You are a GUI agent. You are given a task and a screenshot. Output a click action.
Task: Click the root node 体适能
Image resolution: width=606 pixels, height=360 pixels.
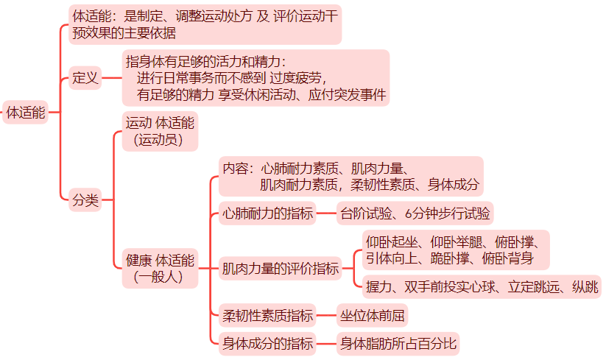[x=26, y=113]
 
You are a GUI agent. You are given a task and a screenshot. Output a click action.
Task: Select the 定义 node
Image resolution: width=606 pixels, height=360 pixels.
[x=85, y=78]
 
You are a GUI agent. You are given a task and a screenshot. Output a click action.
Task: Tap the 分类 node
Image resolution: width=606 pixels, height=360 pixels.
[x=85, y=200]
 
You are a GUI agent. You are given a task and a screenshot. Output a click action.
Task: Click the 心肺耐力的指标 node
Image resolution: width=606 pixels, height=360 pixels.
[x=267, y=214]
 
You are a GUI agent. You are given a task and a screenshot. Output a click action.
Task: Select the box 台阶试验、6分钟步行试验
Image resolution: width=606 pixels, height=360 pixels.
[x=415, y=214]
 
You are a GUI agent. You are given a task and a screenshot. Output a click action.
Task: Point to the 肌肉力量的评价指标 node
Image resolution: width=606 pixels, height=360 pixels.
[x=280, y=269]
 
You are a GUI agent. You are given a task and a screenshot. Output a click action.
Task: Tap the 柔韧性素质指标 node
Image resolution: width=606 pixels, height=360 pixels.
[x=267, y=316]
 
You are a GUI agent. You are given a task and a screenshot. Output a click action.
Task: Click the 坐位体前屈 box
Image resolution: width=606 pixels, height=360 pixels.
[x=372, y=316]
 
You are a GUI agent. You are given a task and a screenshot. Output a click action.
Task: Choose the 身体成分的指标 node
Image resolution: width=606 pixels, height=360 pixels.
[x=267, y=343]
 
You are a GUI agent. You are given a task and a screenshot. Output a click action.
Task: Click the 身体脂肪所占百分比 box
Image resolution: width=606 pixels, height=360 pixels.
[x=398, y=343]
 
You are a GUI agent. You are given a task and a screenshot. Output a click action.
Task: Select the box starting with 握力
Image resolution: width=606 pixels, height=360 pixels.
[x=482, y=287]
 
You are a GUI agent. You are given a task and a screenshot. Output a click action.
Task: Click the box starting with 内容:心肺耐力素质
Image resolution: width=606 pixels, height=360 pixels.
[x=351, y=176]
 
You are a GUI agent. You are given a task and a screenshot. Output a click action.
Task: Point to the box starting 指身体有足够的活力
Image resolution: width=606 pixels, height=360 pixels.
[x=255, y=78]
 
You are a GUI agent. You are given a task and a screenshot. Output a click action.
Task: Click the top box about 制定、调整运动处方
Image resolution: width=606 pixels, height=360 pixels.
[x=205, y=24]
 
